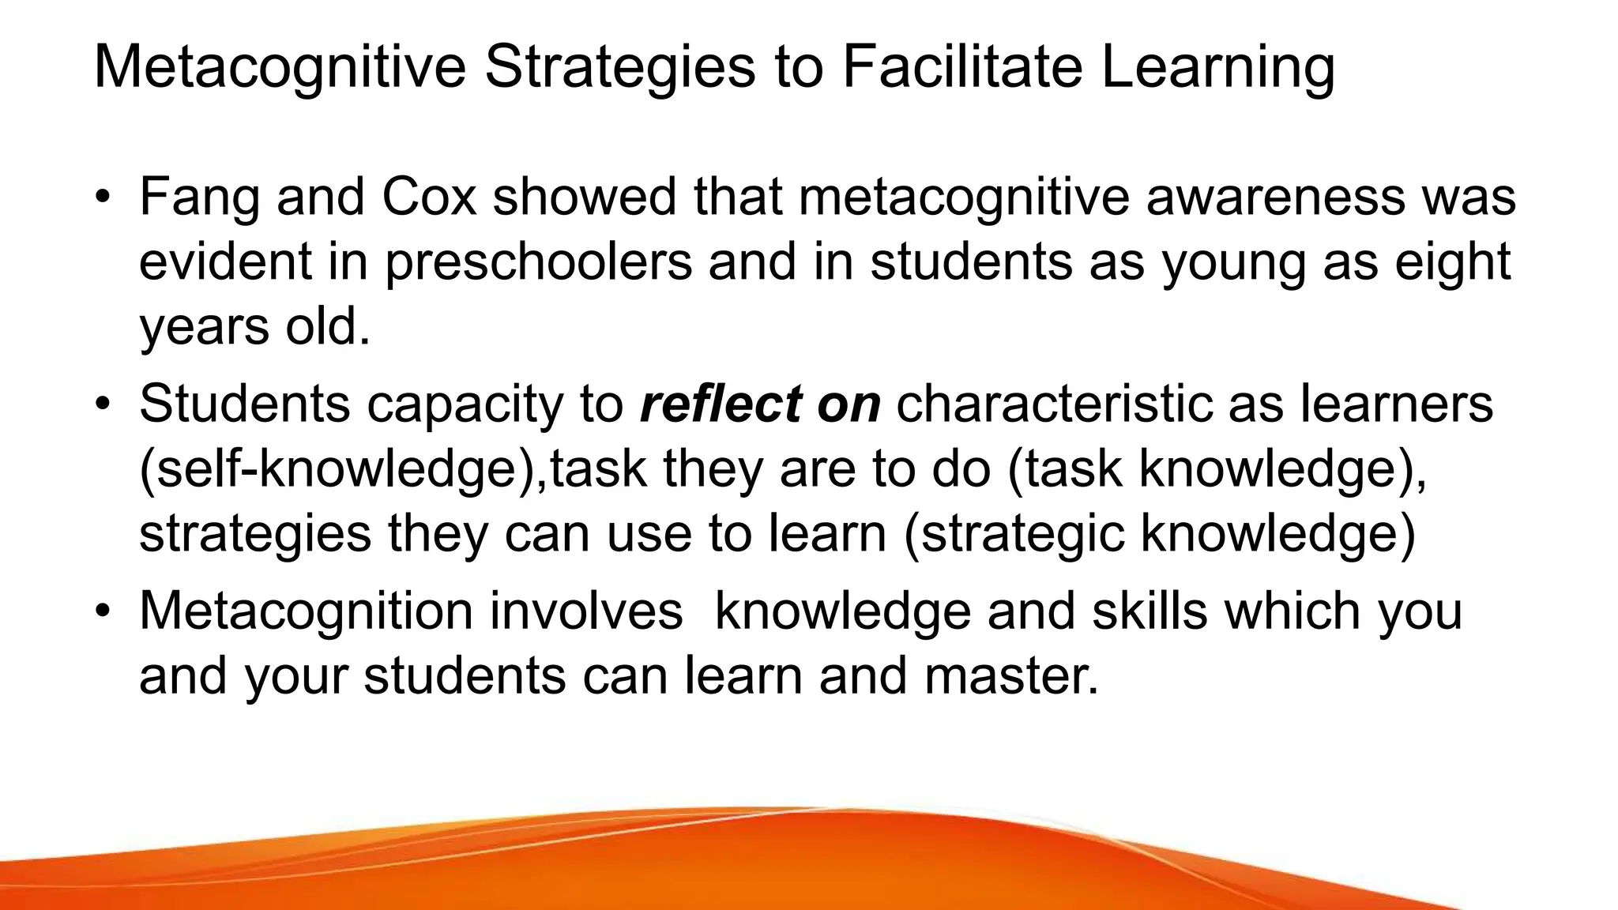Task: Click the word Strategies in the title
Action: [620, 68]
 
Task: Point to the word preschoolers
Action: [538, 262]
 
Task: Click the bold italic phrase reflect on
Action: [760, 404]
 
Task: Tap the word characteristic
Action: [1054, 404]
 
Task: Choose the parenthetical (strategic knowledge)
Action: [1160, 534]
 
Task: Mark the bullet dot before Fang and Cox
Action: [102, 197]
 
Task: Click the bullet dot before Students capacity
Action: [102, 404]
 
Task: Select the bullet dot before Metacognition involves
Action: [102, 611]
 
